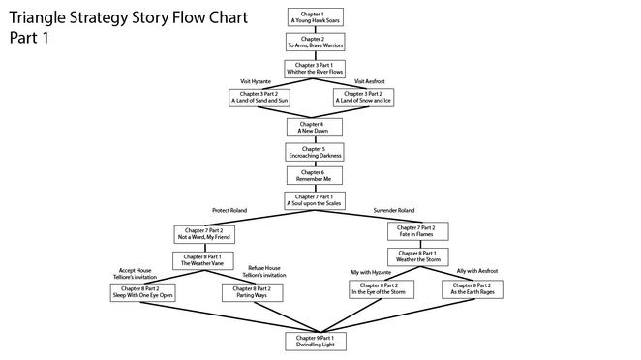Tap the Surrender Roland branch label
pyautogui.click(x=395, y=210)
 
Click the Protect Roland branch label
pyautogui.click(x=231, y=210)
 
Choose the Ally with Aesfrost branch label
pyautogui.click(x=477, y=271)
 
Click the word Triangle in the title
pyautogui.click(x=41, y=18)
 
